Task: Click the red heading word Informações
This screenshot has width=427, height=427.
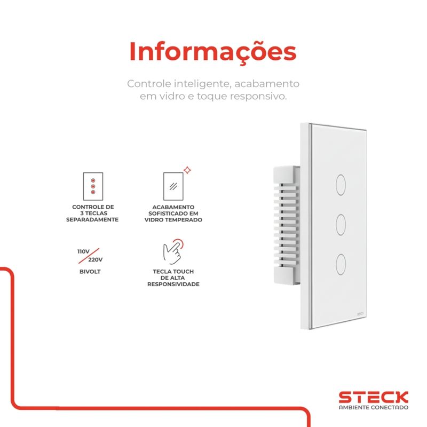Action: pos(212,52)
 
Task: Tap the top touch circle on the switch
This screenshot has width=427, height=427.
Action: pos(341,185)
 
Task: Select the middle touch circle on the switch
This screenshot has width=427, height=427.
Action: pos(341,225)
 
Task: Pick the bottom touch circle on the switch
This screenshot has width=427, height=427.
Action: pos(341,264)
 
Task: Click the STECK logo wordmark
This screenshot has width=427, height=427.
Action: pos(373,397)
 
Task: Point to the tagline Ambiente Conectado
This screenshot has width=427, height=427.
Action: pos(373,407)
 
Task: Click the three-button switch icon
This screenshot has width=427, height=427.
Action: pos(93,186)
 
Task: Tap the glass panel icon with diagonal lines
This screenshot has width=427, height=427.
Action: pos(173,186)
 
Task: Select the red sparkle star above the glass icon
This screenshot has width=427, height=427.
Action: pos(187,170)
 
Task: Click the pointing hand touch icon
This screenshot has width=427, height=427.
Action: pos(173,251)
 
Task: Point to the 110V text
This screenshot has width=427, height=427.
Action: pos(83,251)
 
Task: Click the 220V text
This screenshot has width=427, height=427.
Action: pos(96,259)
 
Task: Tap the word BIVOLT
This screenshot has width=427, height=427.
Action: pos(90,272)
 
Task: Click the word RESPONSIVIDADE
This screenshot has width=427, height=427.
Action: pos(173,284)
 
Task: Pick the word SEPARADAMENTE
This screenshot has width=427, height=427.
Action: pos(92,219)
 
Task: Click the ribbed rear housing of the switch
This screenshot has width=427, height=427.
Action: pos(287,225)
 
